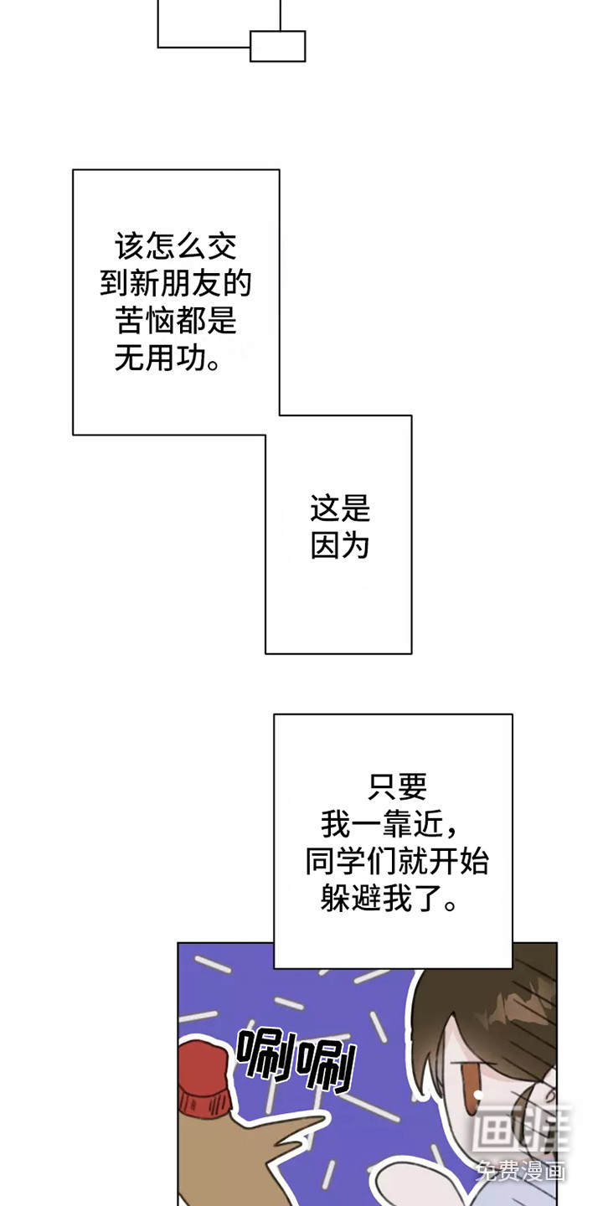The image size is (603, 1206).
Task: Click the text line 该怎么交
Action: tap(176, 247)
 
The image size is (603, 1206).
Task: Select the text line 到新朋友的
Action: tap(176, 285)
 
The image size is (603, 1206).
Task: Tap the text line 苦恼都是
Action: tap(176, 322)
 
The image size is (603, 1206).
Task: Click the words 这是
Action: tap(339, 508)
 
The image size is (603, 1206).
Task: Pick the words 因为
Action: tap(339, 546)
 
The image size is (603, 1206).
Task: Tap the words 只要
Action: tap(397, 787)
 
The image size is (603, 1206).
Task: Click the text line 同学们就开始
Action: tap(397, 863)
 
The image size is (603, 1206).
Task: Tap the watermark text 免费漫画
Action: tap(521, 1170)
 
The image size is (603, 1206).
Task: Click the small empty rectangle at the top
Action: tap(277, 46)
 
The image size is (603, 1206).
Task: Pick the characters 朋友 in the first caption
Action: tap(194, 285)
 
